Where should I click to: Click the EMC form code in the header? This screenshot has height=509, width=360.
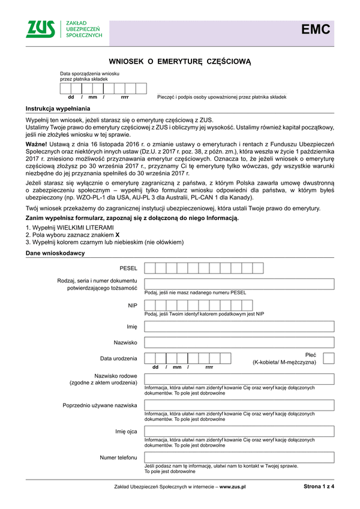(316, 29)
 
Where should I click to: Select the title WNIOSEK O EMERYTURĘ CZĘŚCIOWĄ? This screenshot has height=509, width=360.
(179, 62)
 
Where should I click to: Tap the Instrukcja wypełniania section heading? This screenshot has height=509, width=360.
(58, 109)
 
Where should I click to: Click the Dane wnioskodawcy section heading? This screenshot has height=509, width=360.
(55, 253)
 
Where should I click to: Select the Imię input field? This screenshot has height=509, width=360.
(239, 327)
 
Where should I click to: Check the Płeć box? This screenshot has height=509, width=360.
(328, 359)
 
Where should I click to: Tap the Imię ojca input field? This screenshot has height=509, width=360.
(239, 432)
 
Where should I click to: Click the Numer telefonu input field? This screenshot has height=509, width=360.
(239, 457)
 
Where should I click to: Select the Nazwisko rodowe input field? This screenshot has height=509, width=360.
(239, 379)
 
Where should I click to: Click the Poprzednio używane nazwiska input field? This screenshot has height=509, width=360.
(239, 405)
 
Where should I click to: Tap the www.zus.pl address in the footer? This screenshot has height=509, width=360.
(233, 487)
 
